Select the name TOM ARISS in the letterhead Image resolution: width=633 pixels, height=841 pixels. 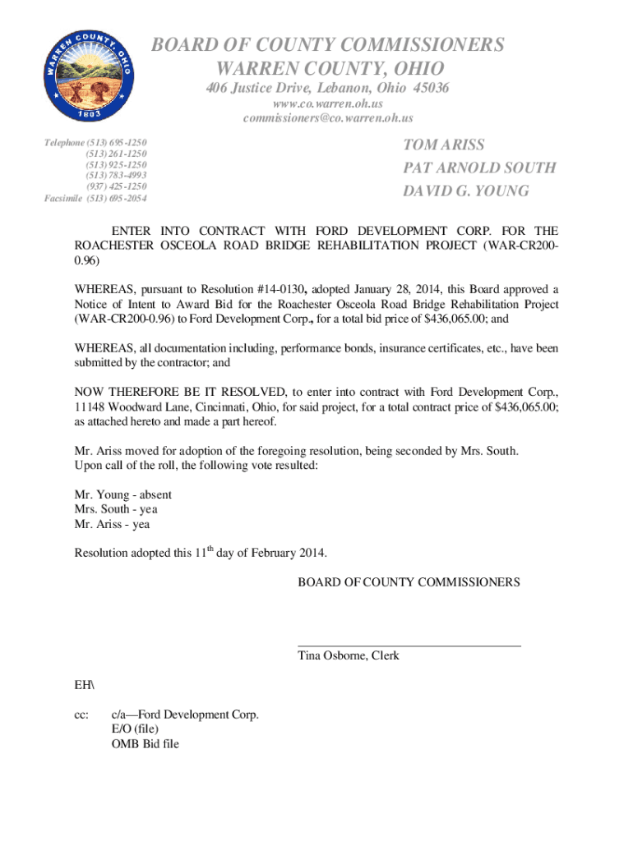[444, 145]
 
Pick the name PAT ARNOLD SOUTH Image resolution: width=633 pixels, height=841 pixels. [479, 168]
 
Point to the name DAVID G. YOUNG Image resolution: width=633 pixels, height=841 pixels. [466, 191]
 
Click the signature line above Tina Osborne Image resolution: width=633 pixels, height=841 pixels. [409, 646]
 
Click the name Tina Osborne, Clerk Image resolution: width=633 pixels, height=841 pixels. [348, 656]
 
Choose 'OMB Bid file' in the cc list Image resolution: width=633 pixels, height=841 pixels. [146, 744]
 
